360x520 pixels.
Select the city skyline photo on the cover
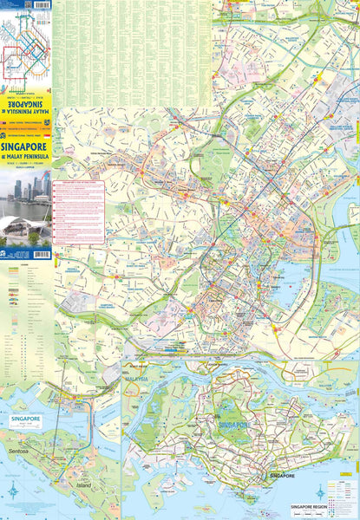pyautogui.click(x=25, y=208)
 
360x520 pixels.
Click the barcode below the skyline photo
pyautogui.click(x=38, y=254)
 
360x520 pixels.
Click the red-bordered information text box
pyautogui.click(x=78, y=211)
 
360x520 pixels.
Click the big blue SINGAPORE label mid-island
pyautogui.click(x=233, y=426)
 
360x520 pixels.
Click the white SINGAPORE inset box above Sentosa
pyautogui.click(x=25, y=420)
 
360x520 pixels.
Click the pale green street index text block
pyautogui.click(x=121, y=52)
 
